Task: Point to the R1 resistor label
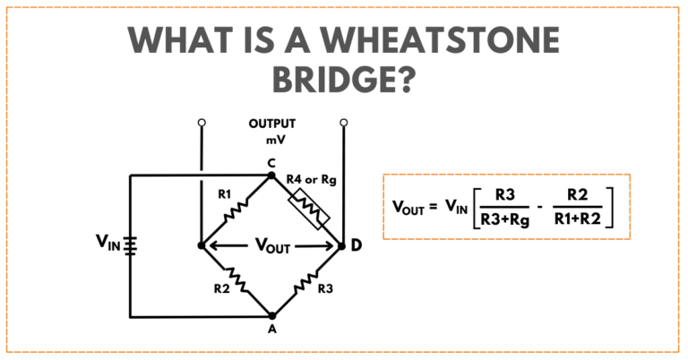click(224, 193)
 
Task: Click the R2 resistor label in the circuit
click(221, 289)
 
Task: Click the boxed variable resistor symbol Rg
click(307, 210)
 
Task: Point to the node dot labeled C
click(271, 176)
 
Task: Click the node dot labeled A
click(271, 316)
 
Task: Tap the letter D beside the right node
click(357, 245)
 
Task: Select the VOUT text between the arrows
click(272, 246)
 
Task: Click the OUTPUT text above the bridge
click(271, 124)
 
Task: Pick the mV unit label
click(271, 141)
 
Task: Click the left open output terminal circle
click(202, 122)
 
